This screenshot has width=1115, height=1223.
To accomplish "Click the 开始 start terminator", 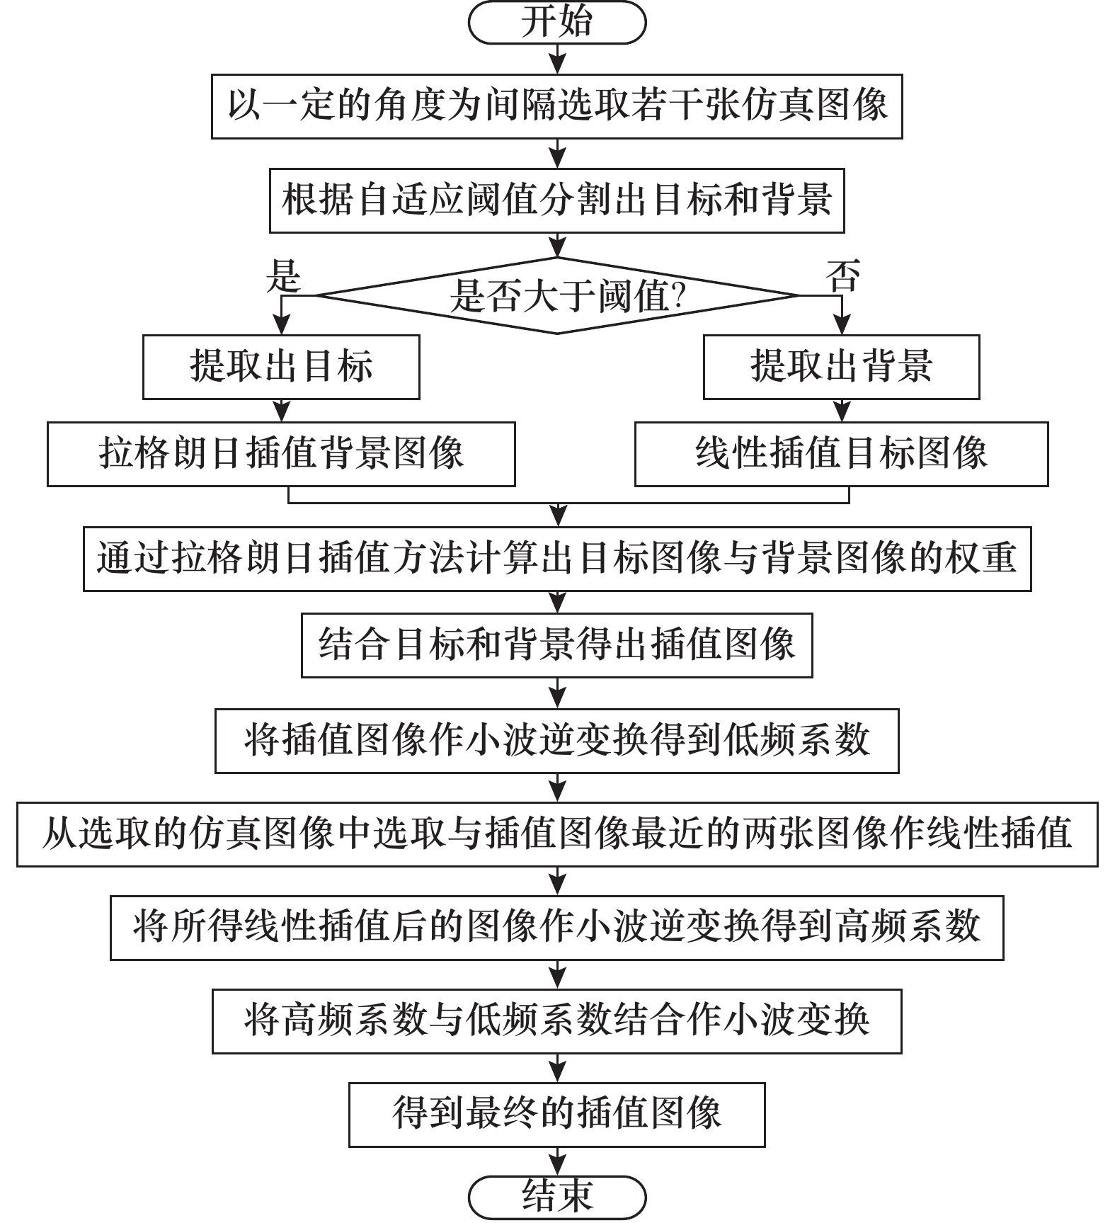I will tap(557, 23).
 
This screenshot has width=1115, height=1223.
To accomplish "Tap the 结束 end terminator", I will tap(557, 1198).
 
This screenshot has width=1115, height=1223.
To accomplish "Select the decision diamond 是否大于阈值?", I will tap(557, 295).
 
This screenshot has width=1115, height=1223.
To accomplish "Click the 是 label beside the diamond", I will tap(283, 275).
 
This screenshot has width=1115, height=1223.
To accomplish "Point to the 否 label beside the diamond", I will tap(842, 275).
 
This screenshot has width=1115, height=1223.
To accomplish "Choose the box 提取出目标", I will tap(281, 367).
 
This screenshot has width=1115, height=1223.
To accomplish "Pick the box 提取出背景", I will tap(841, 367).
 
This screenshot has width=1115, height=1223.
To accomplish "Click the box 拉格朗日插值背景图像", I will tap(281, 454).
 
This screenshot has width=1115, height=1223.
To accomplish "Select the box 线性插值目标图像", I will tap(841, 454).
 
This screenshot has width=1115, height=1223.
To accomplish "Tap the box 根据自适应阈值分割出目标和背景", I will tap(557, 200).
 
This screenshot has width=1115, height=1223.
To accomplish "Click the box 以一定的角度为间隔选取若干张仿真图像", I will tap(557, 106).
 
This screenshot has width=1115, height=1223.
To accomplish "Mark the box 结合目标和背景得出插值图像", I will tap(557, 645).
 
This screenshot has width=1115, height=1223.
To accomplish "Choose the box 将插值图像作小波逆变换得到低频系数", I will tap(557, 741).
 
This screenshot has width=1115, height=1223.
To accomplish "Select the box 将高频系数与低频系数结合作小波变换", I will tap(557, 1021).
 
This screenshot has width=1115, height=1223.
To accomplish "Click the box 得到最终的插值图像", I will tap(557, 1115).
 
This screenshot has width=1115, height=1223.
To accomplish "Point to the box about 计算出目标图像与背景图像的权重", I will tap(557, 559).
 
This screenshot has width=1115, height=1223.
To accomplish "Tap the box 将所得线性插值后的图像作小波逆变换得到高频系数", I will tap(557, 928).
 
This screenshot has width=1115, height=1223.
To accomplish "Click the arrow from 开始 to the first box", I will tap(558, 59).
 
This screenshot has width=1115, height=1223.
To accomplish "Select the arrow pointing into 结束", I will tap(558, 1161).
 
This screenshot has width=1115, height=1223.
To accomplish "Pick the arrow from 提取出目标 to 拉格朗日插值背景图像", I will tap(282, 411).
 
